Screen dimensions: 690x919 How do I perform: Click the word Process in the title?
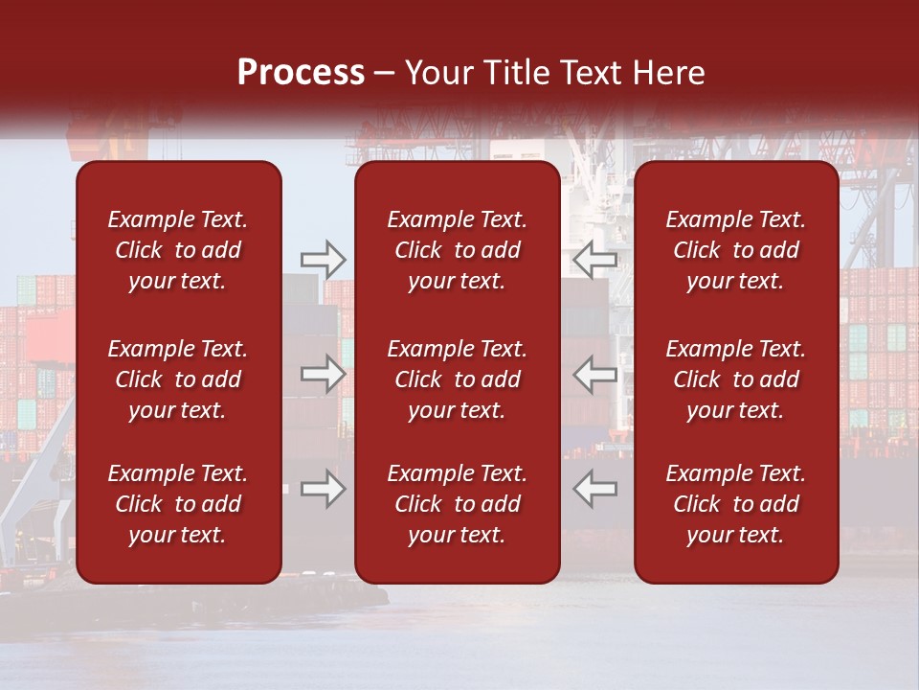click(x=301, y=73)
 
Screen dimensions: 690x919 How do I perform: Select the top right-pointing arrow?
click(x=323, y=259)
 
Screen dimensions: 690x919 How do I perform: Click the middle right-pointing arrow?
click(x=323, y=374)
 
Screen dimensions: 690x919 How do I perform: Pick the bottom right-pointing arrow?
click(x=323, y=489)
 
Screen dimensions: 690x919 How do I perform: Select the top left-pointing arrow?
click(x=594, y=259)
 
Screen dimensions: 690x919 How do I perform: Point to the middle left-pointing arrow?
click(x=594, y=374)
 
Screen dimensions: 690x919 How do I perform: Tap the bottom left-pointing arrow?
click(x=594, y=489)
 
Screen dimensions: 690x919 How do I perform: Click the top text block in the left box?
click(x=178, y=250)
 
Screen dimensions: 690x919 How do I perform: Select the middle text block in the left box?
click(x=178, y=379)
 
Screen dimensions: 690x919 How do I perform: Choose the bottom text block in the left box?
click(x=178, y=504)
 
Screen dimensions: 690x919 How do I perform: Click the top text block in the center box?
click(x=457, y=250)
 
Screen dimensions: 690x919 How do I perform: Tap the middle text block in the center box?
click(x=457, y=379)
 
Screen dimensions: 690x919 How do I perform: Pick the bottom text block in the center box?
click(x=457, y=504)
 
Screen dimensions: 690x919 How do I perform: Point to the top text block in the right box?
click(x=736, y=250)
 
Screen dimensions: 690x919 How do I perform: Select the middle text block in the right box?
click(x=736, y=379)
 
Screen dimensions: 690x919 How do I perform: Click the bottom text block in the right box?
click(x=736, y=504)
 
